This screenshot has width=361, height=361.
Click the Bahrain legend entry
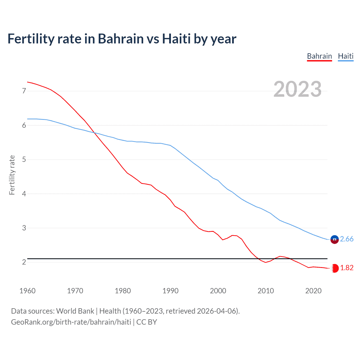(x=319, y=56)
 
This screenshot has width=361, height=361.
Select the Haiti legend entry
(x=345, y=56)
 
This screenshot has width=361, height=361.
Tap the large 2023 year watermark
(x=298, y=89)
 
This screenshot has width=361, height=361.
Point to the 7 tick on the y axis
(x=24, y=91)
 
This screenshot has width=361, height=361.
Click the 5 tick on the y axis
(x=24, y=160)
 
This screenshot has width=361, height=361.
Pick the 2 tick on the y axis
(x=24, y=262)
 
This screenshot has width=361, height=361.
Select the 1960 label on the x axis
(x=27, y=291)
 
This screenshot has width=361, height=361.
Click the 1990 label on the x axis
(x=170, y=291)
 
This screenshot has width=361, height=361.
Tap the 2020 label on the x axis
(x=313, y=291)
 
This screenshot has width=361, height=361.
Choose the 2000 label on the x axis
(x=218, y=291)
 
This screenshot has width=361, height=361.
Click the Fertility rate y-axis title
(x=12, y=175)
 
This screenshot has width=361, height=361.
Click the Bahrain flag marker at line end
(x=335, y=268)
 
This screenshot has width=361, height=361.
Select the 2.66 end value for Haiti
(x=347, y=239)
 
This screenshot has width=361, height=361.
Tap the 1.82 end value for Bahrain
(x=347, y=268)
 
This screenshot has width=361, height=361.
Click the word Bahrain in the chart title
(x=121, y=39)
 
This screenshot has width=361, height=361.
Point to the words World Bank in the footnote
(x=75, y=311)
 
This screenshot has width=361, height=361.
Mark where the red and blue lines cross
(x=94, y=133)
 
